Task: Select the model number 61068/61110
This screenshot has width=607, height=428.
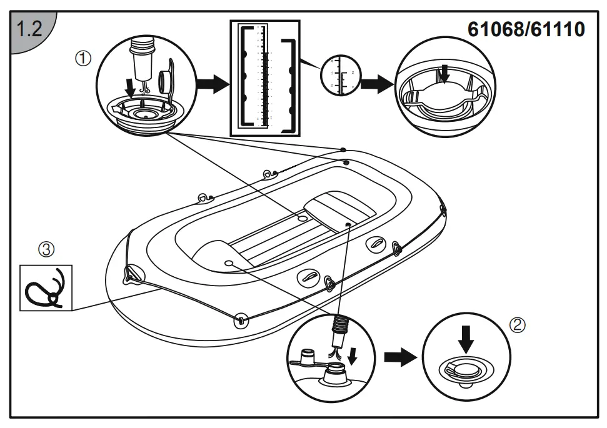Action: pyautogui.click(x=526, y=29)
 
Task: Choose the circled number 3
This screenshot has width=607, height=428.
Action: pyautogui.click(x=46, y=249)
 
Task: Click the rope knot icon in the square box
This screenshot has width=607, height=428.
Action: pyautogui.click(x=46, y=288)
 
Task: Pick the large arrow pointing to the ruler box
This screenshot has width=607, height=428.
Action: pyautogui.click(x=211, y=84)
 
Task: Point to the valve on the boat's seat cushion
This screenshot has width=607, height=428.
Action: pyautogui.click(x=347, y=224)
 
